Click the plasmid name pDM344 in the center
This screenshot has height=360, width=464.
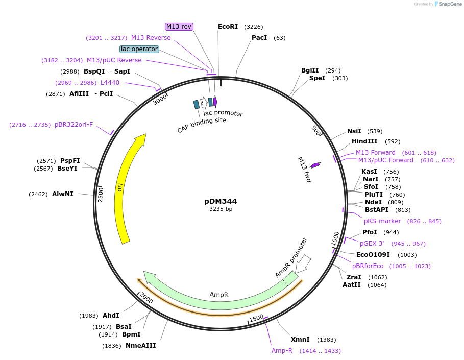221,201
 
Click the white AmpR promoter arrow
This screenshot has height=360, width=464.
303,263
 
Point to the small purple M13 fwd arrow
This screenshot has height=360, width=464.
315,165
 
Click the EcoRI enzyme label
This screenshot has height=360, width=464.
228,27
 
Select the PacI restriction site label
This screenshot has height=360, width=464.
259,38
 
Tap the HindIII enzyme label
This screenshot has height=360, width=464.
364,141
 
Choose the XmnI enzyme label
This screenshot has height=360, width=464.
300,340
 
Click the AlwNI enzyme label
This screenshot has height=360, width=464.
63,194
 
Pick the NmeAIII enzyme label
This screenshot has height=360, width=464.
140,346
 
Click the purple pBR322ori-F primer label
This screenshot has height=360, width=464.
74,125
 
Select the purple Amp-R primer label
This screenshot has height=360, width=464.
282,351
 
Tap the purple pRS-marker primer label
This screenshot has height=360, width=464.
382,221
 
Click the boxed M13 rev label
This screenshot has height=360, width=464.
179,27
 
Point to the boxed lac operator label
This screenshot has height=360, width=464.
139,49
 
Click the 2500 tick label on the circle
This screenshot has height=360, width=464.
101,194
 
